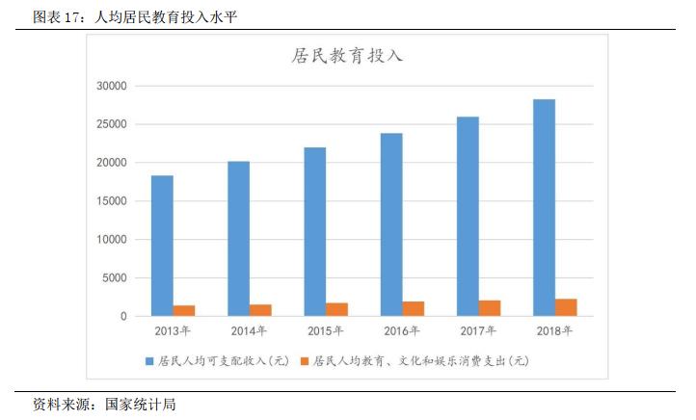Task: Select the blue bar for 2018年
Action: [544, 207]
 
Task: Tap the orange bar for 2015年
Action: [336, 309]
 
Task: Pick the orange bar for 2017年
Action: [490, 308]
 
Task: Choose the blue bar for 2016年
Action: [390, 224]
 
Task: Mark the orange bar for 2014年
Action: [260, 310]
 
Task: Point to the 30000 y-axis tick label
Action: [111, 86]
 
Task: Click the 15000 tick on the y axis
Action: [111, 201]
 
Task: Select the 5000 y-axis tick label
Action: [114, 277]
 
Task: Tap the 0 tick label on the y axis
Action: [123, 316]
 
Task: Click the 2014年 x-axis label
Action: [248, 331]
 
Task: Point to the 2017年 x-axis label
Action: [478, 331]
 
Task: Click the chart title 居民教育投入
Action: [347, 56]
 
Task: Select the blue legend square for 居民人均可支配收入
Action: [149, 361]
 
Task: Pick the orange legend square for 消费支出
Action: [305, 361]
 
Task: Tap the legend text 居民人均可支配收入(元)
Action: [223, 361]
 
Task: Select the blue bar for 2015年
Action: [314, 231]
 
